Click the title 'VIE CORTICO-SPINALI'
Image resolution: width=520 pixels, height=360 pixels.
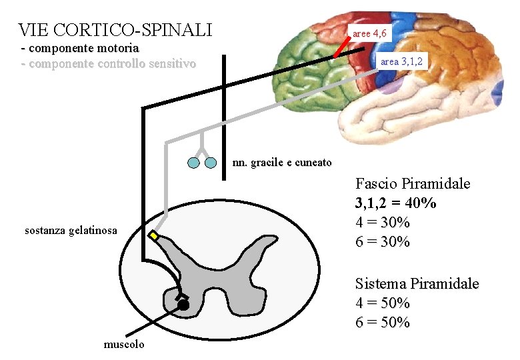(115, 30)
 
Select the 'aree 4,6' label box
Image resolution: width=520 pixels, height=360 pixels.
(369, 33)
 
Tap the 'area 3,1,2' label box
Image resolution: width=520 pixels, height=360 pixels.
(401, 61)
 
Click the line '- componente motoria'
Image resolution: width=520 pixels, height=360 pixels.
(80, 48)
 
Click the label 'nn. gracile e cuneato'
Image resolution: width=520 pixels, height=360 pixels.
(281, 163)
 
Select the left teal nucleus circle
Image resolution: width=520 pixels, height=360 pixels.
(193, 162)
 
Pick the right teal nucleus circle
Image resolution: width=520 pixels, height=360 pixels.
(211, 162)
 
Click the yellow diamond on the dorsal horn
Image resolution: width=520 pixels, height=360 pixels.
(155, 237)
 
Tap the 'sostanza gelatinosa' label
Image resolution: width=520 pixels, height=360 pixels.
(70, 231)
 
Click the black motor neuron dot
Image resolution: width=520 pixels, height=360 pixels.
(183, 305)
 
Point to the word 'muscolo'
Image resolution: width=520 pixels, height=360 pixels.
(123, 344)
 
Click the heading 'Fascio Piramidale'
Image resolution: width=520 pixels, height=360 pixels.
(413, 183)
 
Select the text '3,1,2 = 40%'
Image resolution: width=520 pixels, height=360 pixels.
(396, 203)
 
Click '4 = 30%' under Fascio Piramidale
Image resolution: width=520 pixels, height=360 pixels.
(382, 222)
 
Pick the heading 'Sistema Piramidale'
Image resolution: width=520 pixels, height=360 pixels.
(417, 283)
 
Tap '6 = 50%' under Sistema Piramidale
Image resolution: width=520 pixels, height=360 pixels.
(382, 323)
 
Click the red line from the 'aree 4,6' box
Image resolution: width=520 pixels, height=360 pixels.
(343, 47)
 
